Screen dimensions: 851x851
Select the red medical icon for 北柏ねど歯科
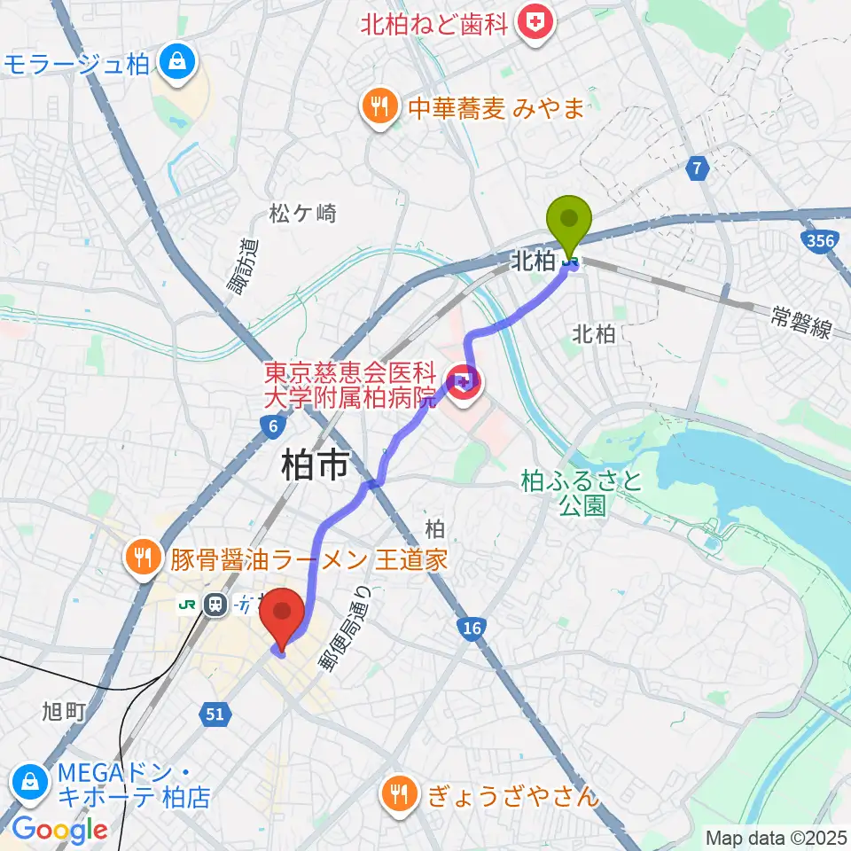pos(535,23)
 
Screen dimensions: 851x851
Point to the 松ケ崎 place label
pos(303,213)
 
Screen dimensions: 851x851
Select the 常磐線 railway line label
pos(800,324)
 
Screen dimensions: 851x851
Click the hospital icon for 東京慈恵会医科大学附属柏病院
pos(465,382)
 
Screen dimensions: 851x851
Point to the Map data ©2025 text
pos(776,837)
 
